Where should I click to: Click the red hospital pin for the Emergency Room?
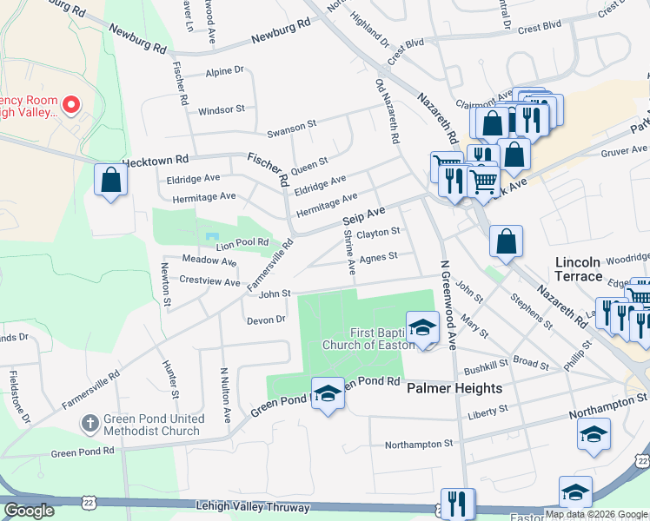tap(71, 105)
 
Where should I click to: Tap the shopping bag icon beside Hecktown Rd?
tap(111, 181)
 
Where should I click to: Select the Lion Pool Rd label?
tap(243, 243)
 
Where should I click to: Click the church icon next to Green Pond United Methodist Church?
tap(90, 424)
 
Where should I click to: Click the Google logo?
tap(29, 511)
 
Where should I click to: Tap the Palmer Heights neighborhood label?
tap(454, 388)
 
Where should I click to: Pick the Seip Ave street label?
tap(363, 214)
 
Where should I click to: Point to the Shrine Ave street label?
tap(349, 253)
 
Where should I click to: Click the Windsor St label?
tap(222, 110)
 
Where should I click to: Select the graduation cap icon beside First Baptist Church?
tap(422, 328)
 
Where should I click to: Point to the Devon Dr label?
tap(266, 320)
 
